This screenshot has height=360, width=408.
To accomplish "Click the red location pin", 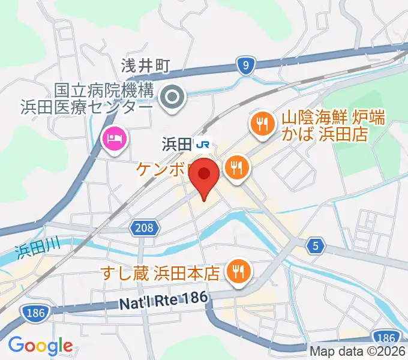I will [204, 176].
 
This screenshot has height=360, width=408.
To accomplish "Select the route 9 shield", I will [245, 66].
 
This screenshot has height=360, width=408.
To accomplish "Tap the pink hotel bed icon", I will [115, 140].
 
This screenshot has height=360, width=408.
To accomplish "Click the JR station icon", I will [204, 143].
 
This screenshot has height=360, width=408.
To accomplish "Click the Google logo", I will [40, 346].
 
